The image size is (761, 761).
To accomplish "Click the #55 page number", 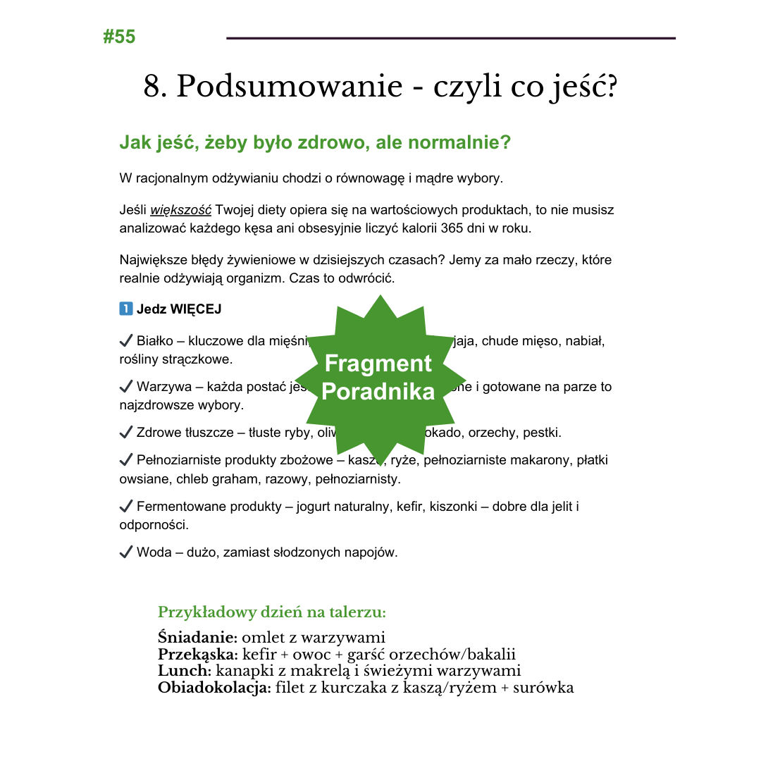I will [119, 37].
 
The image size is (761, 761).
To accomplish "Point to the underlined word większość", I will [180, 210].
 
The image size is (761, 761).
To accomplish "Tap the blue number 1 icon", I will [126, 309].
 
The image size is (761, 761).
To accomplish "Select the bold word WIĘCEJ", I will [196, 309].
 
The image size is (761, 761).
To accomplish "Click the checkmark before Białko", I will [126, 341].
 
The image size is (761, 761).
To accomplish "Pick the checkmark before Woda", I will [126, 552].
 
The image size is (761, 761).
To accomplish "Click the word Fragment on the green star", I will [378, 364].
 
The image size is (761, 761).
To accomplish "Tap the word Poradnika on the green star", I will [378, 392].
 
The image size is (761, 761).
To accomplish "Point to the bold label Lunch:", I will [185, 671].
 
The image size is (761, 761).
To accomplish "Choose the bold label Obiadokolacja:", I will [214, 688].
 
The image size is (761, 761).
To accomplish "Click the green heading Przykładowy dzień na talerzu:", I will [272, 612].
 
